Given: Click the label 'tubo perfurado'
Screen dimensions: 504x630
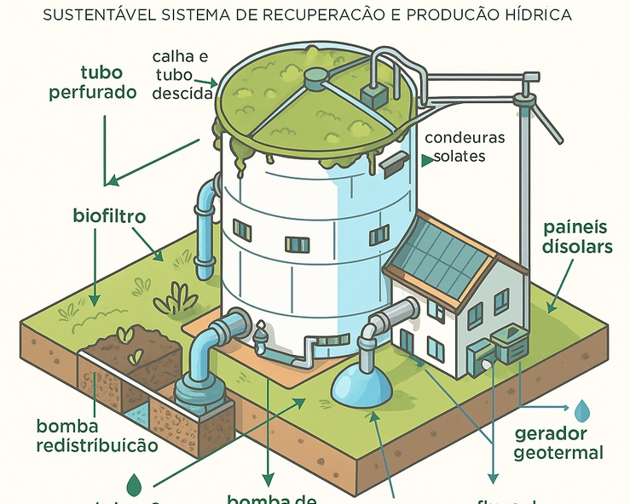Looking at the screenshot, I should pos(107,82).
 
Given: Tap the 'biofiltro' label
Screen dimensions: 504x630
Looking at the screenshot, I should pos(109,216).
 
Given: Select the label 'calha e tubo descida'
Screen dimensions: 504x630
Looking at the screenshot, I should pos(181,75).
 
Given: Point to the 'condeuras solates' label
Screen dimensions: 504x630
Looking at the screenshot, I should pos(464,146).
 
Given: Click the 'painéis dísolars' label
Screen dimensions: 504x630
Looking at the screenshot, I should pos(578,238).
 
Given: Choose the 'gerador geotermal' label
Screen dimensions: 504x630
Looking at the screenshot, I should pos(558,443).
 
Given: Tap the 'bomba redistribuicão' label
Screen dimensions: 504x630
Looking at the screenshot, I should pos(97,435).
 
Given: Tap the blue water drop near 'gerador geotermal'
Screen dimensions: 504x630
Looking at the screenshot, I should pos(581,411).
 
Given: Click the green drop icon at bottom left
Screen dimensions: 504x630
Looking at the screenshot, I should pos(134,485).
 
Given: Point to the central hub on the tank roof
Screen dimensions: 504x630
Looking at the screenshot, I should pos(316,78).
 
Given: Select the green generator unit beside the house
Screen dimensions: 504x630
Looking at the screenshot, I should pos(512,344).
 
